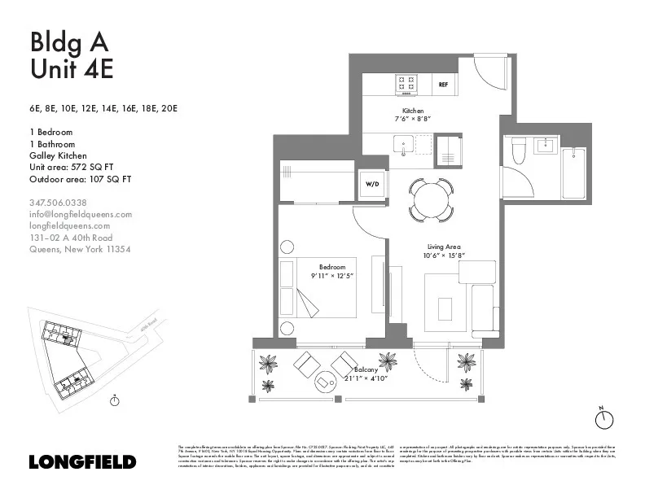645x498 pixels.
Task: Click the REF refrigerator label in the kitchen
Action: tap(444, 84)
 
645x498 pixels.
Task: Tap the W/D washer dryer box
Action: tap(372, 185)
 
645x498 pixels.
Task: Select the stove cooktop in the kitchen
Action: tap(406, 83)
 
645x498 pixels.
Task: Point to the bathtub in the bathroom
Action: tap(573, 173)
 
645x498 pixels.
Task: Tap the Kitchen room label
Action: tap(413, 111)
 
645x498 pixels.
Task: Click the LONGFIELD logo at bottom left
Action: tap(82, 461)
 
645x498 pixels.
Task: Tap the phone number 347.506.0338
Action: tap(58, 203)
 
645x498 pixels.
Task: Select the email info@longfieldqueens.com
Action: tap(80, 214)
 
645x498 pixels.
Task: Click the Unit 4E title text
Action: tap(72, 69)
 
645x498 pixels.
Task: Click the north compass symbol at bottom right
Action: tap(603, 418)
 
